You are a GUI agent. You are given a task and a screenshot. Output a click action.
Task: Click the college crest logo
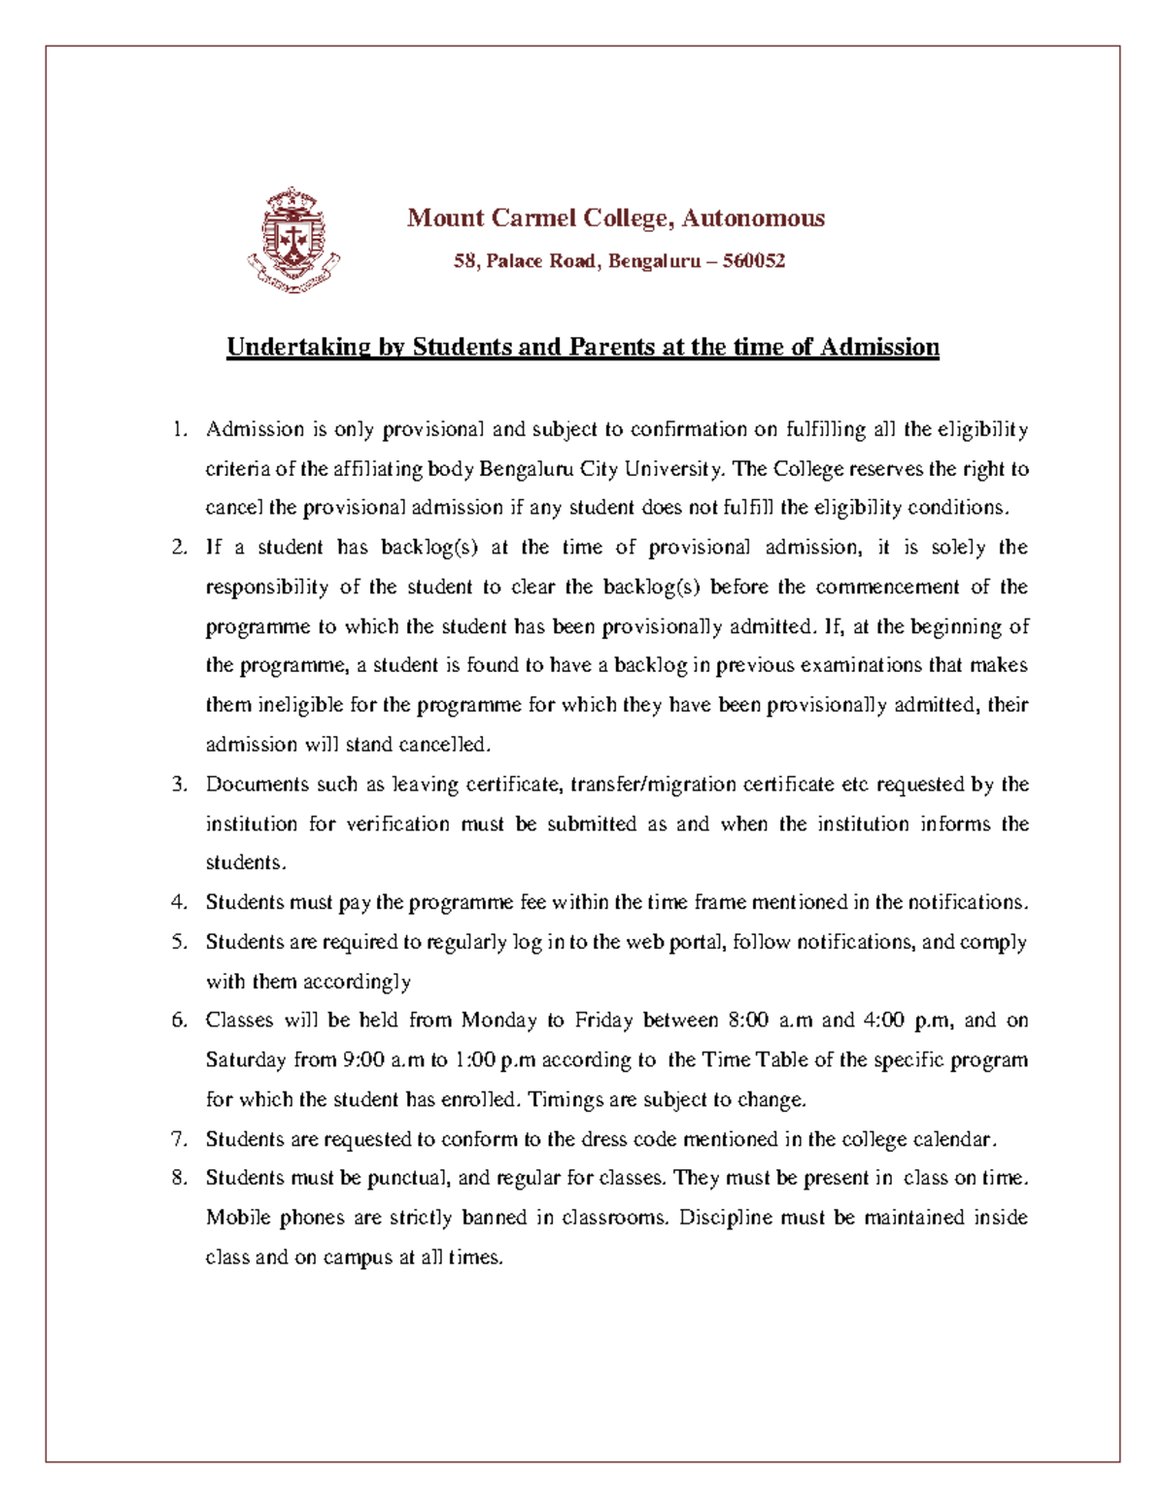click(292, 240)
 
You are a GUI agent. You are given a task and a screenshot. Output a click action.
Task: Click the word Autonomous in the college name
click(753, 218)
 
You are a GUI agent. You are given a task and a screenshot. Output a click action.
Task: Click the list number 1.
click(178, 430)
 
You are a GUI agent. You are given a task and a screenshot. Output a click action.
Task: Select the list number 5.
click(178, 942)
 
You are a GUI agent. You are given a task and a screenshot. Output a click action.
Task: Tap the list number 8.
click(178, 1178)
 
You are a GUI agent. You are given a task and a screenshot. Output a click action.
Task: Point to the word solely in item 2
click(958, 548)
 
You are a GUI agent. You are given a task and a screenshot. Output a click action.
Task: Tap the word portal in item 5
click(697, 942)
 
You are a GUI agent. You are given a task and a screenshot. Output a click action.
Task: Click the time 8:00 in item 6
click(748, 1021)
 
